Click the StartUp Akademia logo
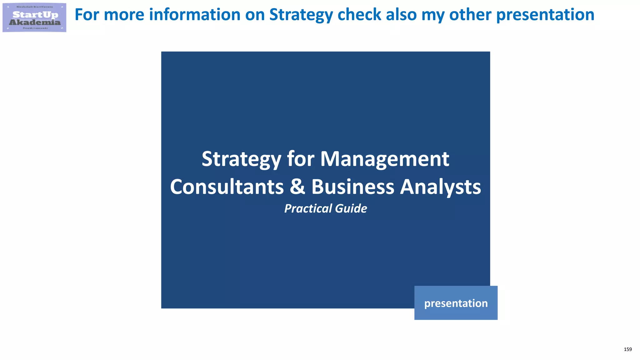pos(34,17)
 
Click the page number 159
pos(627,349)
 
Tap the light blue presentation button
pos(456,303)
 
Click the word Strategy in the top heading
pos(301,15)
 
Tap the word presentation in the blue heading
pos(545,15)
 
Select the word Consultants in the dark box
pos(227,187)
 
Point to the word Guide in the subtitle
pos(351,208)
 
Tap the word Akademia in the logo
pos(35,22)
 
